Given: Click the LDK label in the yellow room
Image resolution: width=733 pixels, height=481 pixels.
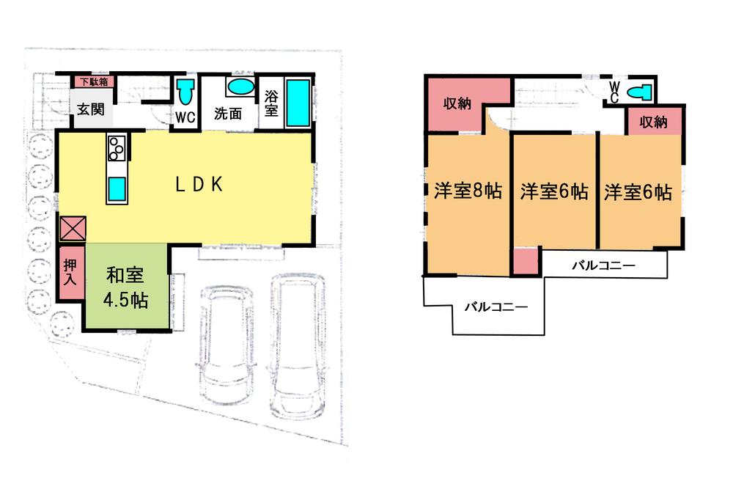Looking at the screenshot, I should point(199,185).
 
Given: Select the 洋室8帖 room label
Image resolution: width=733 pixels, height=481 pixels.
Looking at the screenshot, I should point(468,192).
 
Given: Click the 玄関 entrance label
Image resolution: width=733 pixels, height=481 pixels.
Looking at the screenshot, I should point(92,110).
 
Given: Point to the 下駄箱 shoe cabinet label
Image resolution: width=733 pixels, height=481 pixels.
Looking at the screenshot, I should point(93,82).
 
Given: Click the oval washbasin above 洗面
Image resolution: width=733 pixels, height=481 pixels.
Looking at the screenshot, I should point(238,87).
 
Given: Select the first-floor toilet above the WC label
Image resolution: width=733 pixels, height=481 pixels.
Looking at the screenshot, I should point(185,93).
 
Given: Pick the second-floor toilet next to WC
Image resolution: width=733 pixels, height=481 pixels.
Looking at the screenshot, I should point(641,92).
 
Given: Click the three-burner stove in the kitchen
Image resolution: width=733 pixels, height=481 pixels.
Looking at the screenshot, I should point(117,148).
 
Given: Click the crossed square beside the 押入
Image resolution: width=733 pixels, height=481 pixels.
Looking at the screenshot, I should point(73,229).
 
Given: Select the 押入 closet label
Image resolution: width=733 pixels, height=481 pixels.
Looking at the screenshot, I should point(68,273).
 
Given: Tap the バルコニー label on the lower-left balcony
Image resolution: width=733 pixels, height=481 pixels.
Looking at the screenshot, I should point(496,307).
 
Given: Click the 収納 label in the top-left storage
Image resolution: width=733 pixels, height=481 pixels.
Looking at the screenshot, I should point(457,103).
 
